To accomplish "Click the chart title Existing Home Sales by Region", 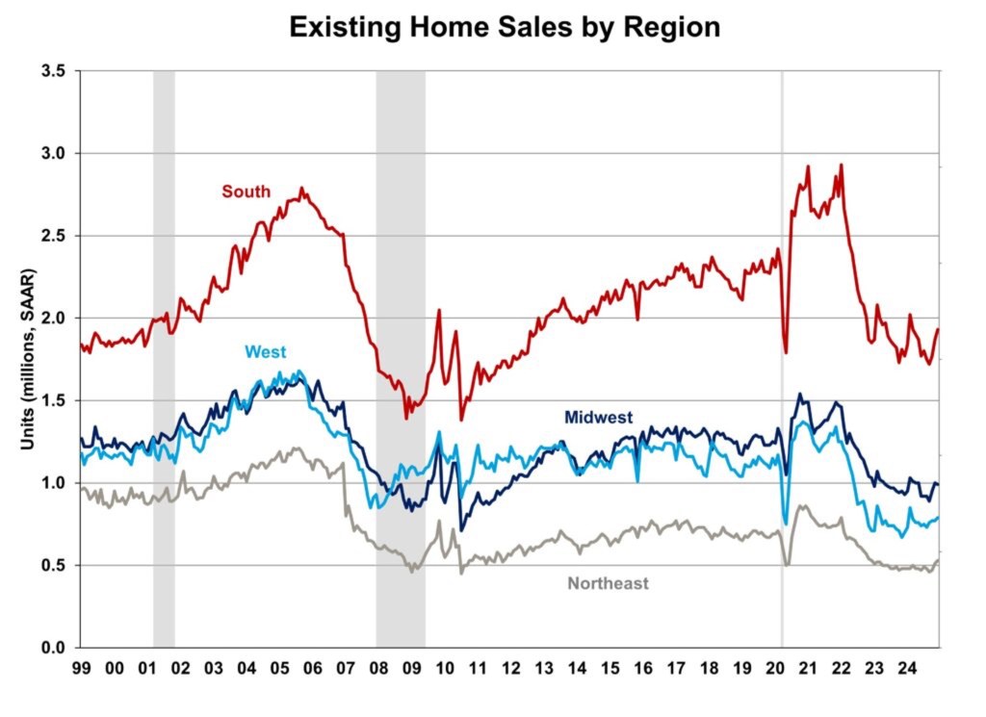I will pos(505,27).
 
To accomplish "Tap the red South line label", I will pos(246,191).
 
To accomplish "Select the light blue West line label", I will pos(267,352).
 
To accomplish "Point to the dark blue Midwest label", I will pos(598,417).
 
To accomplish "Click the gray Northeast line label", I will pos(608,583).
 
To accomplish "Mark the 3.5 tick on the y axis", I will pos(54,72).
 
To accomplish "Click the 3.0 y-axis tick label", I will pos(54,154).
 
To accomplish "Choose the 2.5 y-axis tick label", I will pos(54,237).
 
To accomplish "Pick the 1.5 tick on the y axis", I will pos(54,400).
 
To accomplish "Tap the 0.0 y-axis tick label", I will pos(54,647).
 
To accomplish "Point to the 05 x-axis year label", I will pos(279,667).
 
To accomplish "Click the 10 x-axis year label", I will pos(445,667).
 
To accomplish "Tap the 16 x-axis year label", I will pos(643,667).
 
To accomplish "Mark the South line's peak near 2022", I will pos(842,166).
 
